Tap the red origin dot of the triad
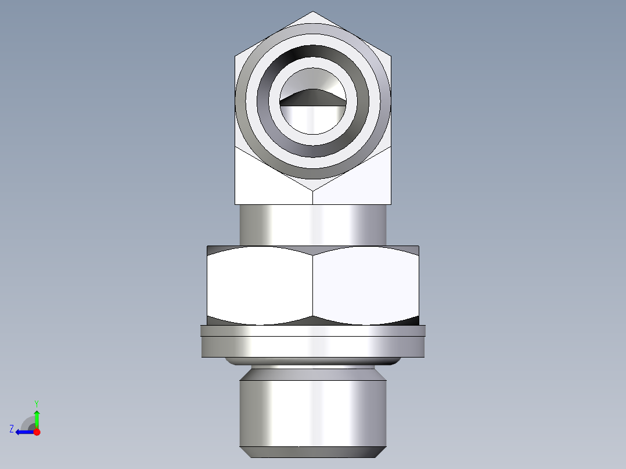point(37,432)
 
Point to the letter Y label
point(36,403)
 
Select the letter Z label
point(11,429)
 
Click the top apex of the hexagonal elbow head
point(313,12)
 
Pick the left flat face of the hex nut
point(260,284)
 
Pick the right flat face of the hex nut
point(366,284)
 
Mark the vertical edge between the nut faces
point(313,284)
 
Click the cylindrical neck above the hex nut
point(313,225)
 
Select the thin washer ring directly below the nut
point(313,331)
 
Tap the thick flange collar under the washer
point(313,347)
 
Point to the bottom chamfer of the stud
point(313,452)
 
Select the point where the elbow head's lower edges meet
point(313,190)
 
